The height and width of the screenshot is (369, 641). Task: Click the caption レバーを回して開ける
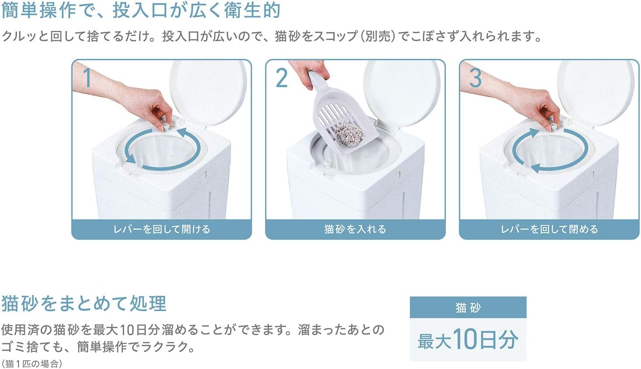[162, 229]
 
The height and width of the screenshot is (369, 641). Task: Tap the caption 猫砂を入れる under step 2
[355, 229]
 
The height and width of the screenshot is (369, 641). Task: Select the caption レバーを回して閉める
[550, 229]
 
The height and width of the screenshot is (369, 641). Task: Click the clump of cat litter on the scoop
[349, 134]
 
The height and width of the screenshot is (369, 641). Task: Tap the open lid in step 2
[402, 93]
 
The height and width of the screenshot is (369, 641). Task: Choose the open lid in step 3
[597, 93]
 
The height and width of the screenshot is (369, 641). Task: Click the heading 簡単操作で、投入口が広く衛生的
[141, 11]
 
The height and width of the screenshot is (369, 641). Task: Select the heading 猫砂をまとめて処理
[84, 304]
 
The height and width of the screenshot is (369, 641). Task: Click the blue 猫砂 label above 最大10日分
[468, 308]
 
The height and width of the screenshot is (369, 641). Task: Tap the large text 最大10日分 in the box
[468, 340]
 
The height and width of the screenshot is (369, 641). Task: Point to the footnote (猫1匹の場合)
[32, 364]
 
